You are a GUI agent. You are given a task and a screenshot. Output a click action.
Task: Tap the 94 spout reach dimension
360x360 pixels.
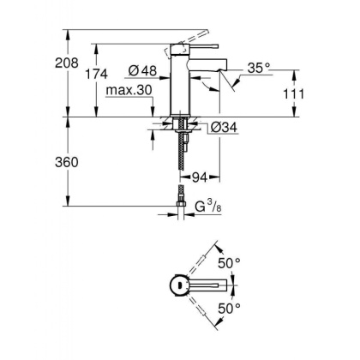pos(200,177)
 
